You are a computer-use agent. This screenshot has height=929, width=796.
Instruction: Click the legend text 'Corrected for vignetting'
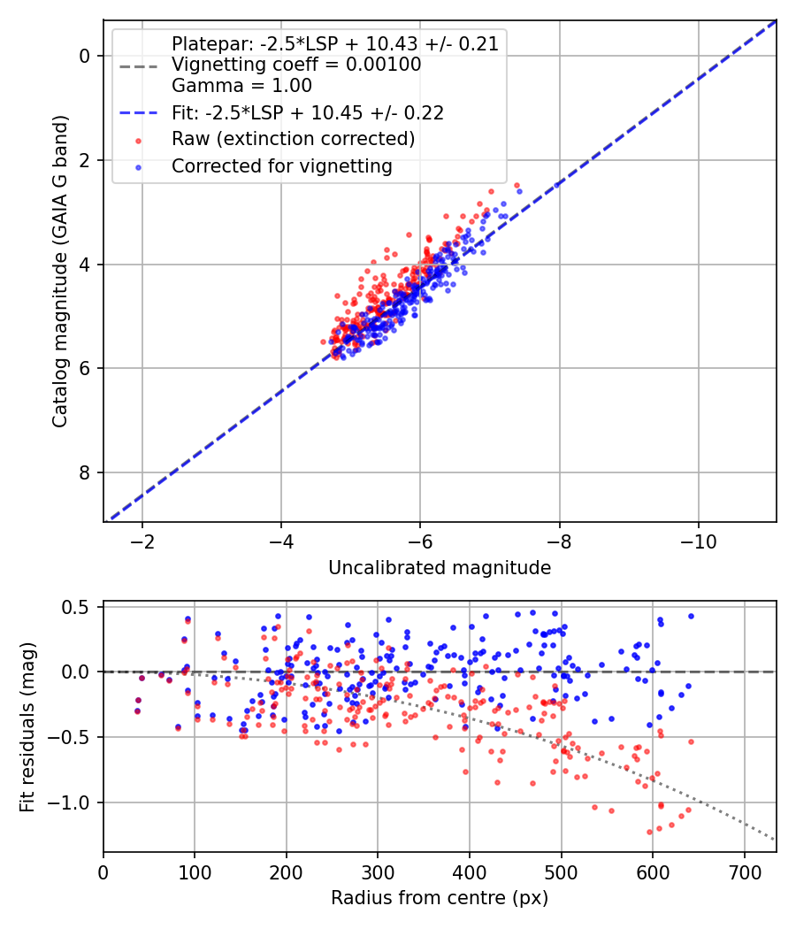pyautogui.click(x=281, y=165)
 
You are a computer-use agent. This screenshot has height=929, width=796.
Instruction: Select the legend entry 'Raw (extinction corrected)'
pyautogui.click(x=293, y=139)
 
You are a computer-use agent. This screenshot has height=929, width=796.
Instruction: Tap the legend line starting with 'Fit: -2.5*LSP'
pyautogui.click(x=308, y=112)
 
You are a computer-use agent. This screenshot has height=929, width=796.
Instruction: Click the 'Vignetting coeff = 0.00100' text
pyautogui.click(x=296, y=65)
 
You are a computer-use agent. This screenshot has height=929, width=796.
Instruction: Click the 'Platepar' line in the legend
pyautogui.click(x=334, y=43)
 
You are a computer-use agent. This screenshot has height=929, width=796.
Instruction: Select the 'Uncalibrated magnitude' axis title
pyautogui.click(x=440, y=568)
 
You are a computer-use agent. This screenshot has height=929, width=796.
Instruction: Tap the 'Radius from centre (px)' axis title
pyautogui.click(x=440, y=898)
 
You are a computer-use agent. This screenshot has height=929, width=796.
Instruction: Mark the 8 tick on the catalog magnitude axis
pyautogui.click(x=86, y=472)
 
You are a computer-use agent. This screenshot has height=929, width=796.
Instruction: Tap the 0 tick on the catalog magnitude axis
pyautogui.click(x=86, y=56)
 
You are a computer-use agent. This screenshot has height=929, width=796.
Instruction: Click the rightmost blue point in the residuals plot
pyautogui.click(x=691, y=616)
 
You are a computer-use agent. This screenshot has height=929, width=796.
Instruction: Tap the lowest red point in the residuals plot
pyautogui.click(x=649, y=832)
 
